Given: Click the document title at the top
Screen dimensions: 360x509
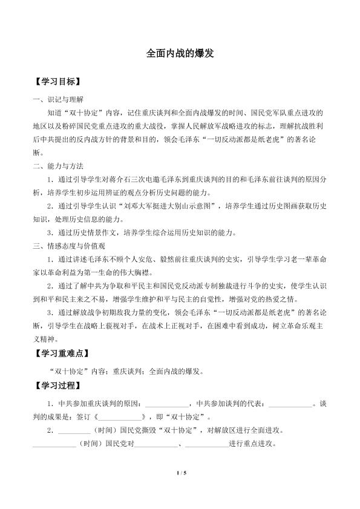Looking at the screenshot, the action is coord(180,53).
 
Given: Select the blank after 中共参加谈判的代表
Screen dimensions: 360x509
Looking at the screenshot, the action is coord(289,403).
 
